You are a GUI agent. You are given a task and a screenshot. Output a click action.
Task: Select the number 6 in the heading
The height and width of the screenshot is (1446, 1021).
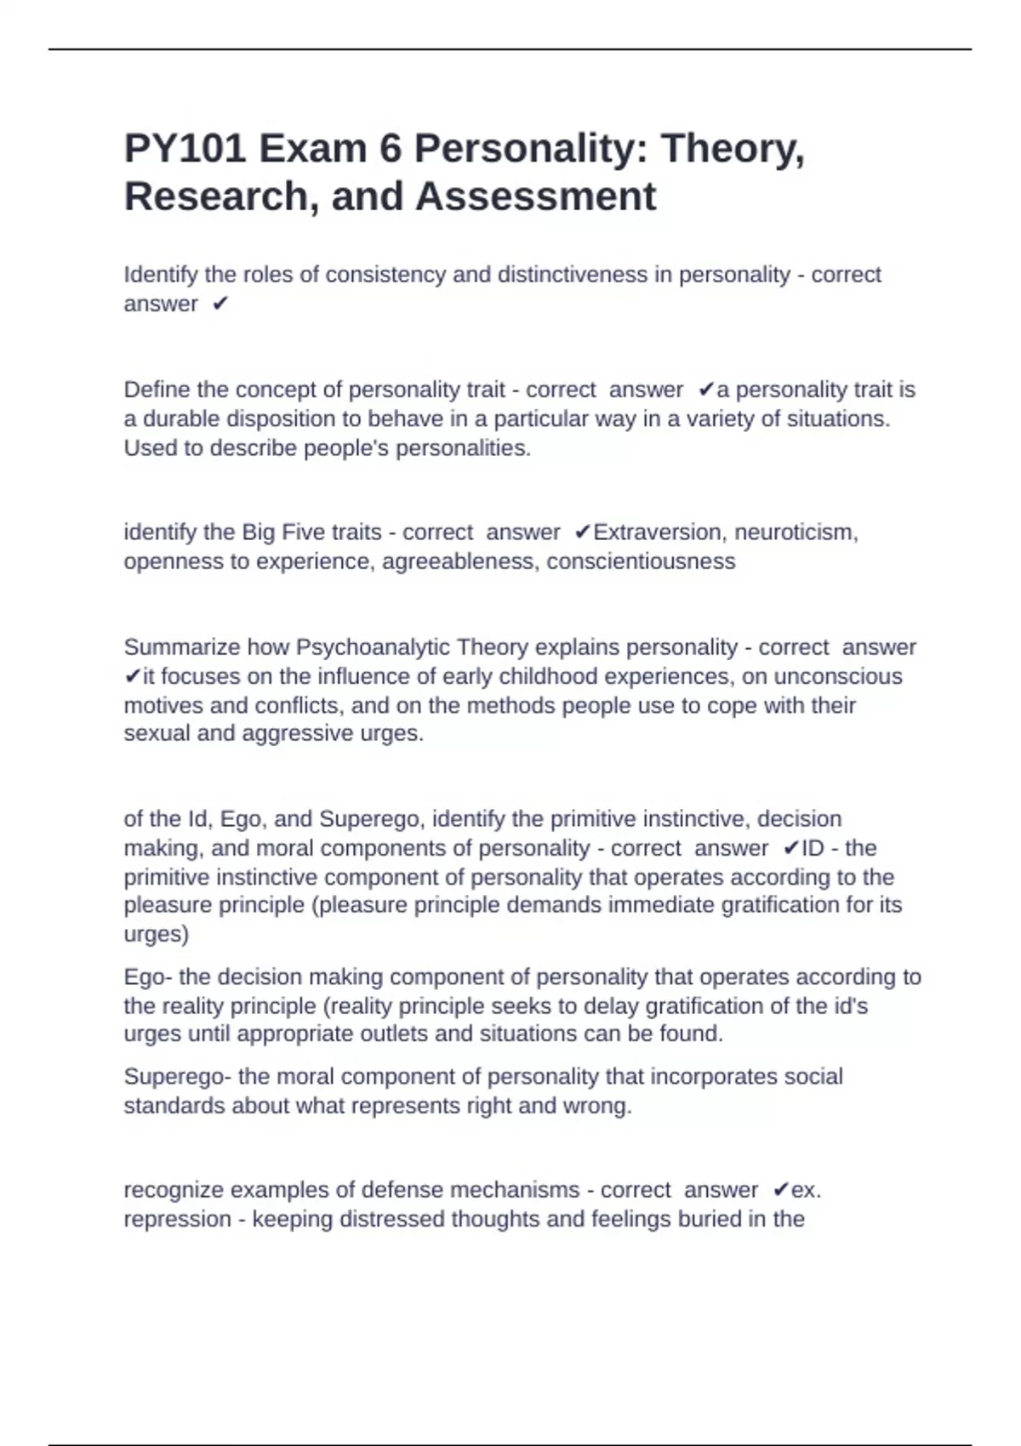[391, 150]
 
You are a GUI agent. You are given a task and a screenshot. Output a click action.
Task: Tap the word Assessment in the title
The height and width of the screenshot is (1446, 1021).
[535, 196]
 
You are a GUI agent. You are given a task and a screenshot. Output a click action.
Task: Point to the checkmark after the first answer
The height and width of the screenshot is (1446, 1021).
[220, 304]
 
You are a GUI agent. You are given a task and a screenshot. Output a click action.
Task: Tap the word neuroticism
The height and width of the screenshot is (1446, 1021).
[796, 532]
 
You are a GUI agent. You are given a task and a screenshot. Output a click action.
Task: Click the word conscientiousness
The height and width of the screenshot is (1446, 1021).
[641, 561]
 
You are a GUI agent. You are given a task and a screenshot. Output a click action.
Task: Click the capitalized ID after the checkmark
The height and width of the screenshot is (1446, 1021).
[813, 848]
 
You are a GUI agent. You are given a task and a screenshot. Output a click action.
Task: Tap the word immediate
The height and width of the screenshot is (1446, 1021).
[661, 905]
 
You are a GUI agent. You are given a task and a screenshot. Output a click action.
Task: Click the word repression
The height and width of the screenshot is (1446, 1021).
[178, 1219]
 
